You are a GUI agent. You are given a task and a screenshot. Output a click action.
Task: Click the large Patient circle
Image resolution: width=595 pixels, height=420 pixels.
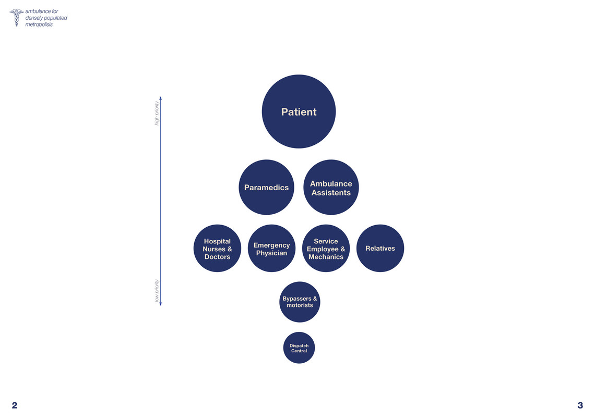[299, 112]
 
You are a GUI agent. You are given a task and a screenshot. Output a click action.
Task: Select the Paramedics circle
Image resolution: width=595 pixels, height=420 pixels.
[266, 187]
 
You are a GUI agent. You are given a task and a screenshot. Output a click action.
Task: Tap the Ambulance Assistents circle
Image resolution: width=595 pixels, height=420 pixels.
[331, 187]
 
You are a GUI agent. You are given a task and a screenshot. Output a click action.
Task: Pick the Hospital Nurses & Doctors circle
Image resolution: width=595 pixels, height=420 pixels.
[217, 248]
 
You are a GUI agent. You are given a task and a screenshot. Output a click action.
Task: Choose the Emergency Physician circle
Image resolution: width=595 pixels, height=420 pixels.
[271, 248]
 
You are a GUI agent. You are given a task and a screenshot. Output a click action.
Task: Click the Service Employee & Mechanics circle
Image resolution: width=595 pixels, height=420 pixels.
[326, 248]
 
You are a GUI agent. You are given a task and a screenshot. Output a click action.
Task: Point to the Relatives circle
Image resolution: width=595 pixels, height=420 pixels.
[380, 248]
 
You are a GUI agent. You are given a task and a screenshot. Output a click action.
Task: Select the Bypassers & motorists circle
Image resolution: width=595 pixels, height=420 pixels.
[300, 302]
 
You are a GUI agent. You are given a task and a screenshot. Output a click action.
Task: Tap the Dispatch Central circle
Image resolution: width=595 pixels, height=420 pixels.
[299, 348]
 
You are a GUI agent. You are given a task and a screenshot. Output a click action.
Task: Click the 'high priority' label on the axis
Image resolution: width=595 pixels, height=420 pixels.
[157, 113]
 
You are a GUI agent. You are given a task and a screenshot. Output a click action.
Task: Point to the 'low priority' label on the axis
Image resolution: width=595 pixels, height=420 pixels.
[157, 291]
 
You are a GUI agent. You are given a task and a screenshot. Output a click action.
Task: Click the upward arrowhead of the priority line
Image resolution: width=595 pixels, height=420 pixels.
[161, 98]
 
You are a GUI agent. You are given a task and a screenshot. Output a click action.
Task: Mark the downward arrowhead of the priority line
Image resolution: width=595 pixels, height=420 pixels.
[161, 304]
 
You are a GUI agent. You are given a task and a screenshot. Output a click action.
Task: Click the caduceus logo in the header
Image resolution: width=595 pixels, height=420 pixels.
[16, 17]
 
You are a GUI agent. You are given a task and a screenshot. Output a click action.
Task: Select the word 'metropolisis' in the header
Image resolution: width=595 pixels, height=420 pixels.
[39, 24]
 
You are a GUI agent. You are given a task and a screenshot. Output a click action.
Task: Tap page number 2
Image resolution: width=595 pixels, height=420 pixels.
[15, 405]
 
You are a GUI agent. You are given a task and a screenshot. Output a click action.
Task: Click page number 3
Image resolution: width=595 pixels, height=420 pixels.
[580, 405]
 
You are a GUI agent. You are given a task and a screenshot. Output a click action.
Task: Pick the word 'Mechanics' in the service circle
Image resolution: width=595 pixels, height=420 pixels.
[326, 257]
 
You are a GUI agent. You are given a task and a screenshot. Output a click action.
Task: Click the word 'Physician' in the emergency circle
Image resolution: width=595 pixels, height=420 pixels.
[271, 253]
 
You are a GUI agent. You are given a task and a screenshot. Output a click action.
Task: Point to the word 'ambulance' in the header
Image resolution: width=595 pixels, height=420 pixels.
[38, 11]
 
